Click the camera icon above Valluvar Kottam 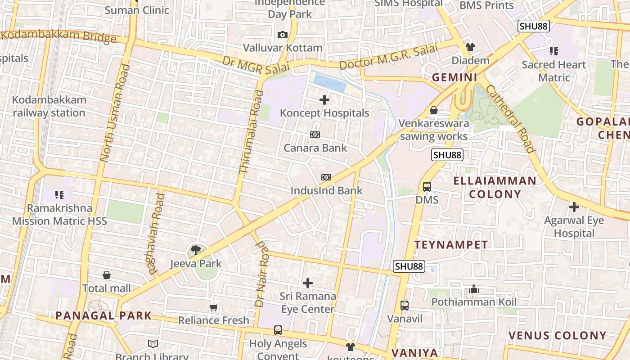pos(283,35)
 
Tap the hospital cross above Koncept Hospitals pos(324,100)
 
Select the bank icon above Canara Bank pos(315,135)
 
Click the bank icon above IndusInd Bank pos(326,177)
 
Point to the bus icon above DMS pos(427,186)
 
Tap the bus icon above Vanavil pos(405,306)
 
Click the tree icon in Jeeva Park pos(195,250)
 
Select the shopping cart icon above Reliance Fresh pos(214,308)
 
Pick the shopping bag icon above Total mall pos(107,275)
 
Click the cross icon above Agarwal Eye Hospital pos(574,207)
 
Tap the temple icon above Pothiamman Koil pos(473,289)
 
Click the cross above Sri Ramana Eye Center pos(308,283)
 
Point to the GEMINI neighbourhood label pos(454,77)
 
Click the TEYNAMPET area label pos(451,245)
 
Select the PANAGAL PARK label pos(103,315)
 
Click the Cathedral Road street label pos(510,119)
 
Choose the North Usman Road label pos(115,113)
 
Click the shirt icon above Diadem pos(470,47)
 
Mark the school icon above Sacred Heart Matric pos(553,51)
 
